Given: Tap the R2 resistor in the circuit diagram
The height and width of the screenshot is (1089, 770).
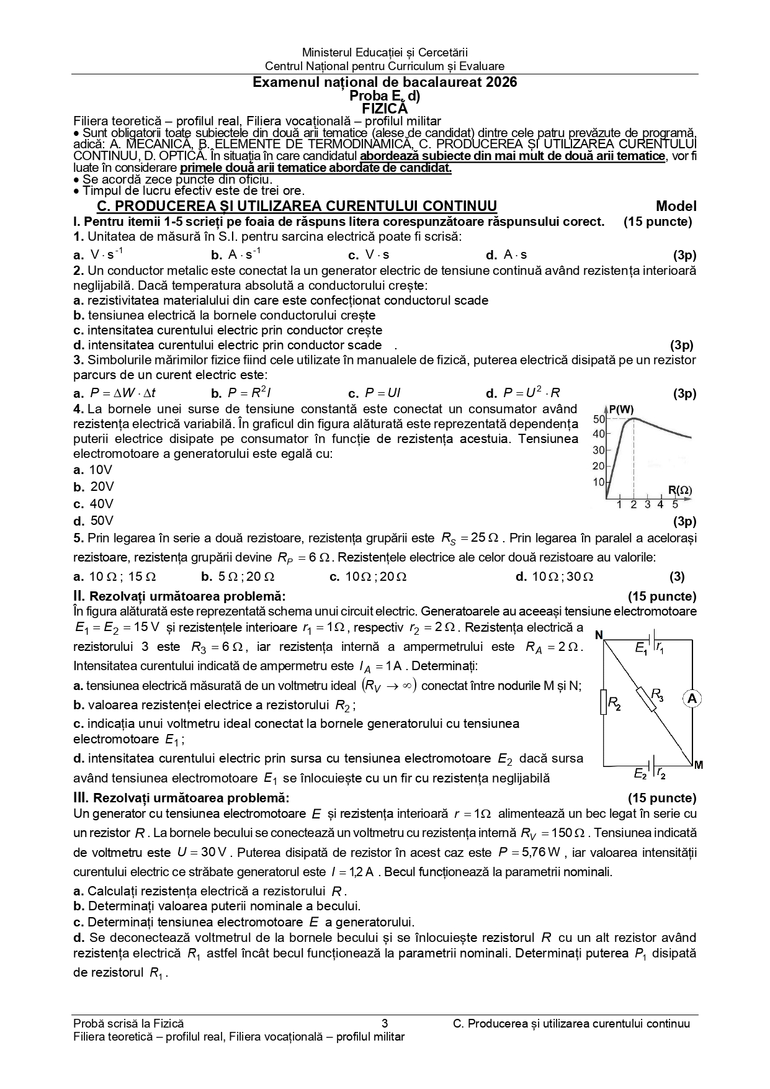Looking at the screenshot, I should pos(604,702).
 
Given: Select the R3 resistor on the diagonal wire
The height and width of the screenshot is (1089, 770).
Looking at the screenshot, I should pos(646,699).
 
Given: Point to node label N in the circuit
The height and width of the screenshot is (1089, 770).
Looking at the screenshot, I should pos(599,635).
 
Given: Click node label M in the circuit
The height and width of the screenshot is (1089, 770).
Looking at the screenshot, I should pos(699,765).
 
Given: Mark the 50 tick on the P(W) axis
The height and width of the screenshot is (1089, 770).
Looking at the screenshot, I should pos(599,419).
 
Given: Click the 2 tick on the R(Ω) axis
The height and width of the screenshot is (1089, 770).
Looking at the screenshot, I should pos(633,504).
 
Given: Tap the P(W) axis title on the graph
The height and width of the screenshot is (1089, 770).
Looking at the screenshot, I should pos(621,410).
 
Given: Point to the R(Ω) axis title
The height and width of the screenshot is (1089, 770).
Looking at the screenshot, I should pos(680,490).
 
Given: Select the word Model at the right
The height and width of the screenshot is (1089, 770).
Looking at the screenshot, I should pos(676,207).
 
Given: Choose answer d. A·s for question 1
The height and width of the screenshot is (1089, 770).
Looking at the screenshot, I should pos(507,254).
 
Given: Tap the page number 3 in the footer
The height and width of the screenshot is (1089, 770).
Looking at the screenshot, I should pos(385,1024).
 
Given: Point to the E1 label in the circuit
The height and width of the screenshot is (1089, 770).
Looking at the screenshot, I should pos(641,648).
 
